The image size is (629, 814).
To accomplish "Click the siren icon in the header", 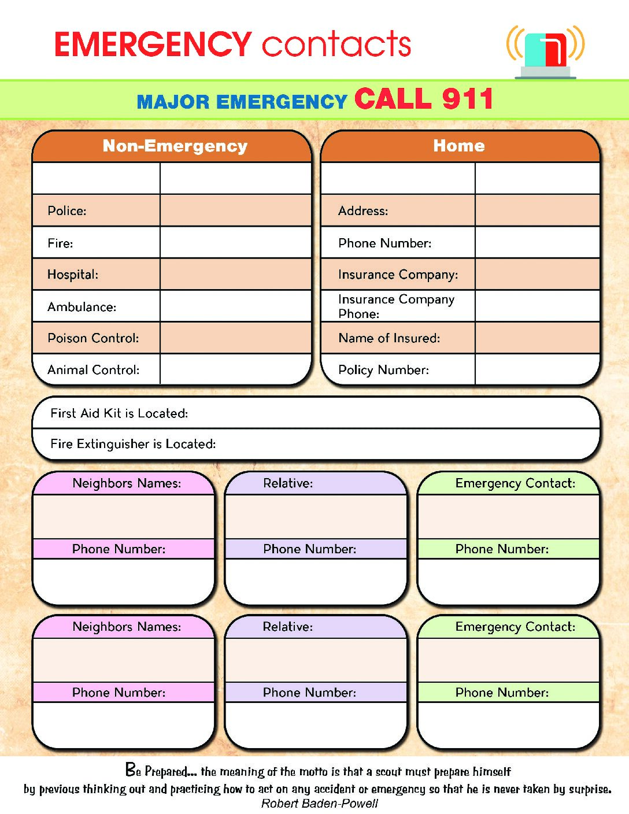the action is [545, 53].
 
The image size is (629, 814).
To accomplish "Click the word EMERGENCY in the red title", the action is [153, 44].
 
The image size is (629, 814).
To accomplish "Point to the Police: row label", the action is [66, 211].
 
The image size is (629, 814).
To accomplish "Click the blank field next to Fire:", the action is [236, 242].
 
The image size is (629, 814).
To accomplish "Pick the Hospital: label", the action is [73, 275].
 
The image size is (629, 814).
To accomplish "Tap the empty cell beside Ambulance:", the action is [236, 306].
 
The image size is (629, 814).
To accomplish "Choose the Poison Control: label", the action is [93, 338].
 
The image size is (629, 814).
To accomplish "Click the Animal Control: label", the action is [93, 370].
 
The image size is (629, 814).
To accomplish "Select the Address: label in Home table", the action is [363, 211].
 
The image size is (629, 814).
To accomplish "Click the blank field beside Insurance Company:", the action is [537, 274].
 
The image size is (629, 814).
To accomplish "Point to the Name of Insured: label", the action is [389, 338].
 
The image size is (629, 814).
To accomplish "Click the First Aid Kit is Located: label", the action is [119, 413].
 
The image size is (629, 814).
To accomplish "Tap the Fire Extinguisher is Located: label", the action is [133, 444].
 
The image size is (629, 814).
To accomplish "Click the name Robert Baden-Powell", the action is [320, 803].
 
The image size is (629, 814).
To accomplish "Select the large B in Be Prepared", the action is [131, 769].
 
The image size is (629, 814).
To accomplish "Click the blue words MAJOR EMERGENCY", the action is [242, 102].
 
